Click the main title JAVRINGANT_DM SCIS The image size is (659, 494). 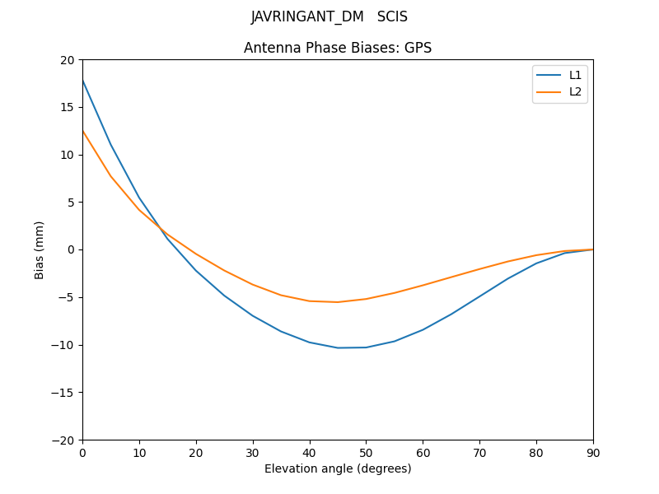(x=329, y=16)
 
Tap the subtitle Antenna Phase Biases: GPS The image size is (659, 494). (x=338, y=48)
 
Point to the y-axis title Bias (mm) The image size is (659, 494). (x=40, y=249)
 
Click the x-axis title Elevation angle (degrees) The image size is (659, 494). (x=338, y=468)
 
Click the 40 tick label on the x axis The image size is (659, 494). (x=309, y=452)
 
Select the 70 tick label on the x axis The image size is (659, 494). (x=479, y=452)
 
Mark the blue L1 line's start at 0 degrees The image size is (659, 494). (x=82, y=80)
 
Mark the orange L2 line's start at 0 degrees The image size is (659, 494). (x=82, y=130)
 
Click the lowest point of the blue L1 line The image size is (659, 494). (x=338, y=347)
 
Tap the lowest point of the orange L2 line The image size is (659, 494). (x=338, y=302)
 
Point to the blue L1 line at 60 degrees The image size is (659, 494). (x=423, y=329)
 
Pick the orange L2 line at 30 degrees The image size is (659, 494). (x=253, y=285)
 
